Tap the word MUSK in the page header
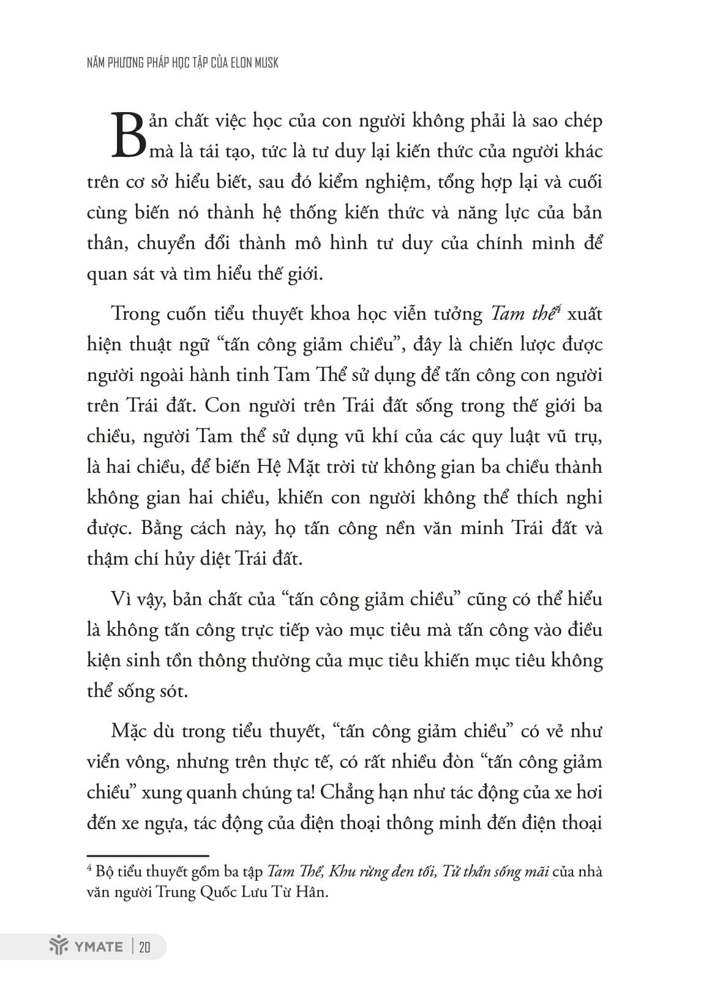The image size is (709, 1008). (x=266, y=62)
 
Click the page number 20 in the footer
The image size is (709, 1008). (x=144, y=947)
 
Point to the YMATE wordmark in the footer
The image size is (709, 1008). (x=98, y=947)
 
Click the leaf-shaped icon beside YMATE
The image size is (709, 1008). (x=59, y=947)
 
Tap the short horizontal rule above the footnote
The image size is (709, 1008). (x=148, y=856)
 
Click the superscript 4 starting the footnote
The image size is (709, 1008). (x=89, y=868)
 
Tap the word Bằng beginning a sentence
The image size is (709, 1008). (x=162, y=528)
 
